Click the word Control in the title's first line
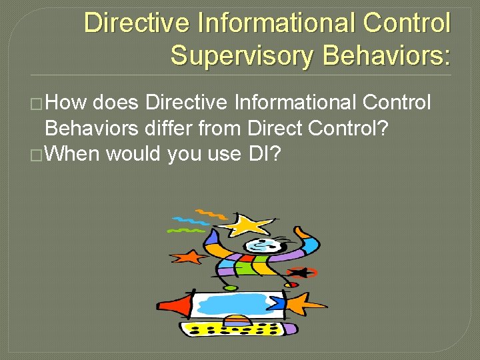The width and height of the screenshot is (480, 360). point(409,23)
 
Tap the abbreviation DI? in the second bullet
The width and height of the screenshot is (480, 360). point(265,154)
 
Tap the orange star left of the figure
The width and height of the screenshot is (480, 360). point(186,257)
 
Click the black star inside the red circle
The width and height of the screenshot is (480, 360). point(301,272)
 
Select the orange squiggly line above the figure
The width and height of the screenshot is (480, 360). point(212,213)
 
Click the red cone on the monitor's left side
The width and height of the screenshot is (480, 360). point(175,305)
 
